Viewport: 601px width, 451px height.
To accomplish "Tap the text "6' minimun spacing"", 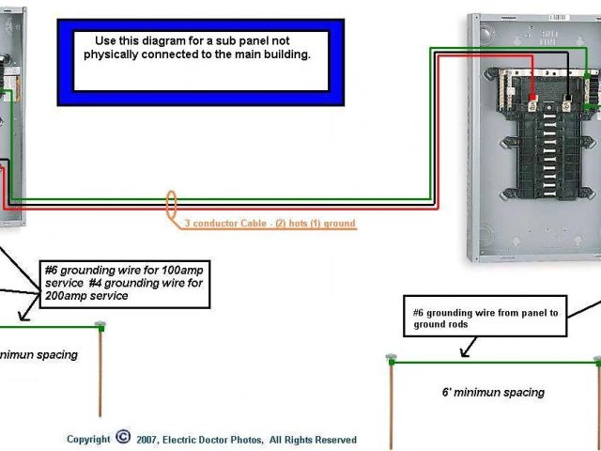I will pyautogui.click(x=493, y=393).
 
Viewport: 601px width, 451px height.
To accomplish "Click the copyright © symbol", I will pyautogui.click(x=123, y=438).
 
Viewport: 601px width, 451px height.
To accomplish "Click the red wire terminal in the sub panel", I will pyautogui.click(x=532, y=97).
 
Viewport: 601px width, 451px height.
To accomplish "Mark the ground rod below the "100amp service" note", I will pyautogui.click(x=100, y=371).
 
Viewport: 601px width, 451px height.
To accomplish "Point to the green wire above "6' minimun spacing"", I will pyautogui.click(x=493, y=359).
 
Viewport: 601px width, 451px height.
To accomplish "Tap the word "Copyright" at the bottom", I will pyautogui.click(x=88, y=439).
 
